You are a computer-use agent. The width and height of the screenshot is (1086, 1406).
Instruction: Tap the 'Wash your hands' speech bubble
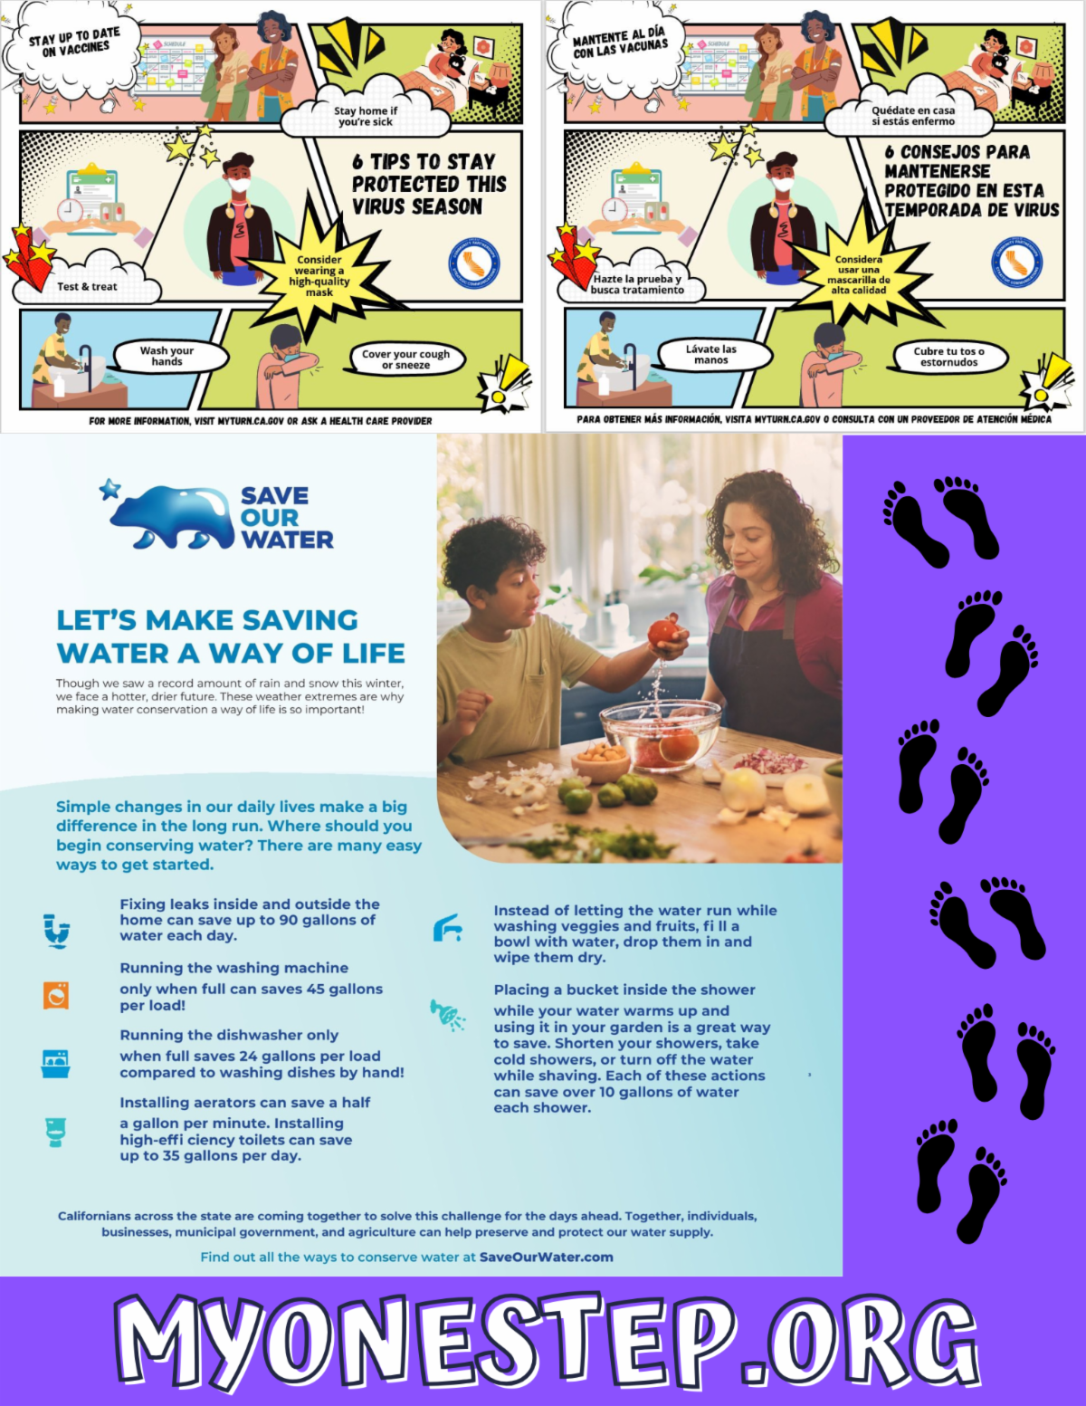pos(169,356)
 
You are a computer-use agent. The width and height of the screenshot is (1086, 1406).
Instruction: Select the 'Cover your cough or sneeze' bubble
pos(405,359)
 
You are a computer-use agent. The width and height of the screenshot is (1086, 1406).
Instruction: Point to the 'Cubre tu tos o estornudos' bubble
pos(948,357)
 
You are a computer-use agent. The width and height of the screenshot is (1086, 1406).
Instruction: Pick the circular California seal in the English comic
pos(474,263)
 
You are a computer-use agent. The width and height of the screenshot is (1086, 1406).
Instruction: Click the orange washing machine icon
pos(56,995)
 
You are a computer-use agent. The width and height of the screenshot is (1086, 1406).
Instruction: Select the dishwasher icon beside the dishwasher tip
pos(55,1064)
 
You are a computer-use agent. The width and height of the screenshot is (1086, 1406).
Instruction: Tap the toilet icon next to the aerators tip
pos(56,1133)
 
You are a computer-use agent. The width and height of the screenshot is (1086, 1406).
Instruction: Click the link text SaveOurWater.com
pos(546,1257)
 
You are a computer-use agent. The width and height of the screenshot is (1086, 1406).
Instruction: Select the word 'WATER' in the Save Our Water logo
pos(287,540)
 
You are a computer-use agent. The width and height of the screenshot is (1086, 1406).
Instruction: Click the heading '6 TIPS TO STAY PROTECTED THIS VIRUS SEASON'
pos(428,184)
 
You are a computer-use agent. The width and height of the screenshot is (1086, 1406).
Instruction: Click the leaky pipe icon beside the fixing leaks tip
pos(57,931)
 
